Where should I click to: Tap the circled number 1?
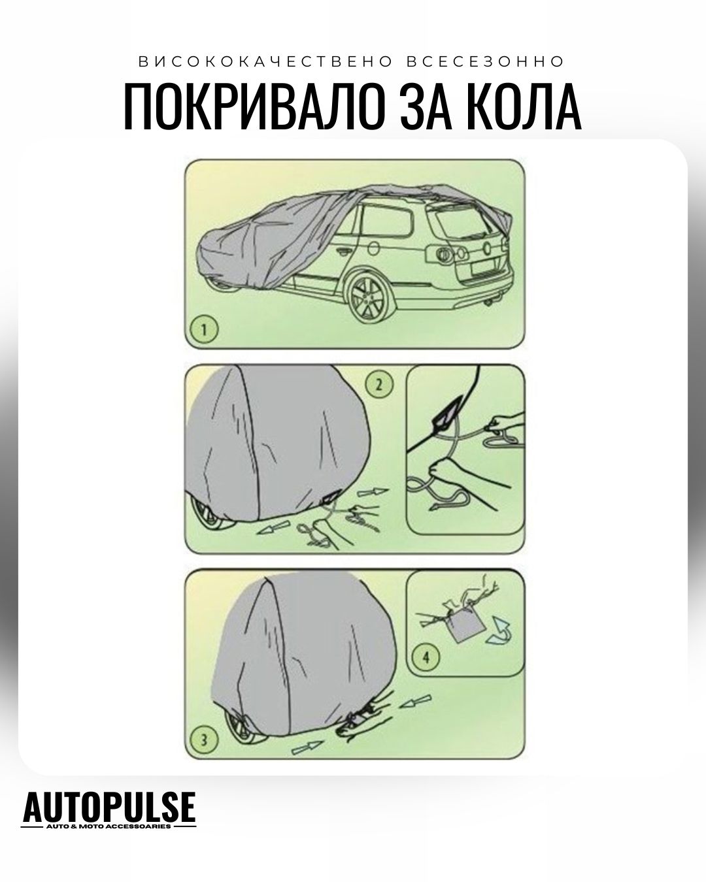(x=205, y=329)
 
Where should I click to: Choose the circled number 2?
(x=379, y=384)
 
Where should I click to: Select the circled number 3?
(x=205, y=741)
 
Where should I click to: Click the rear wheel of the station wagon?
(x=367, y=298)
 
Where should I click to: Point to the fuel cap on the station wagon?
(x=374, y=248)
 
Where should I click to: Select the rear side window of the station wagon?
(x=387, y=221)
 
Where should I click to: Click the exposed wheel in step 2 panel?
(x=212, y=513)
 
